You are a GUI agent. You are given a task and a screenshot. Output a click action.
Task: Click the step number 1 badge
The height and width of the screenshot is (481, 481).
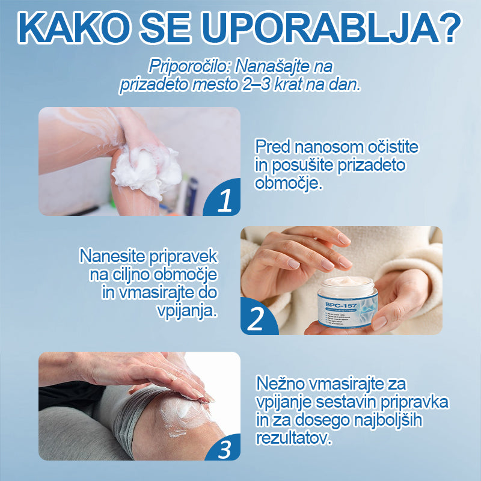[x=224, y=201]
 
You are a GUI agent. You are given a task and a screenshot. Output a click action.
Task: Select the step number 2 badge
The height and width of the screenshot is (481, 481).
[x=256, y=319]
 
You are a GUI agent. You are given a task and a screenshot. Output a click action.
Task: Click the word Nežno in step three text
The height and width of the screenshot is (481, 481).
[x=280, y=382]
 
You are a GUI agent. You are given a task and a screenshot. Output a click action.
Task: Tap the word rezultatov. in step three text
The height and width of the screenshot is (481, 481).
[x=293, y=438]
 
